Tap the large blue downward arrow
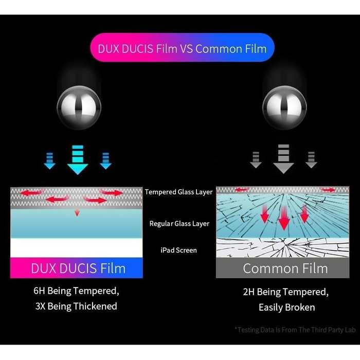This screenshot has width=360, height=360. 78,159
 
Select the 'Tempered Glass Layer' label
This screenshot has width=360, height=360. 178,192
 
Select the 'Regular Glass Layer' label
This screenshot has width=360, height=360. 179,224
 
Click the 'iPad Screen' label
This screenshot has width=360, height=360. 178,250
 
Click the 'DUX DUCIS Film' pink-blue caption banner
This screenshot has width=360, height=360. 77,268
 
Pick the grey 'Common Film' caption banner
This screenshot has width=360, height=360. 285,268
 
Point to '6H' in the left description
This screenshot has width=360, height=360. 40,291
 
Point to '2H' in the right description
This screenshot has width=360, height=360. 249,292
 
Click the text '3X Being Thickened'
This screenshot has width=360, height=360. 76,307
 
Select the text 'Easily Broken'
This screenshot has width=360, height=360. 286,308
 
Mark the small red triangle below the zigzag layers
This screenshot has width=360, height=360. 77,212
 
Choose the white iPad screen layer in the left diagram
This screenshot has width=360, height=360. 77,248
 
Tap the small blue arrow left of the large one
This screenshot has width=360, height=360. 50,160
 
